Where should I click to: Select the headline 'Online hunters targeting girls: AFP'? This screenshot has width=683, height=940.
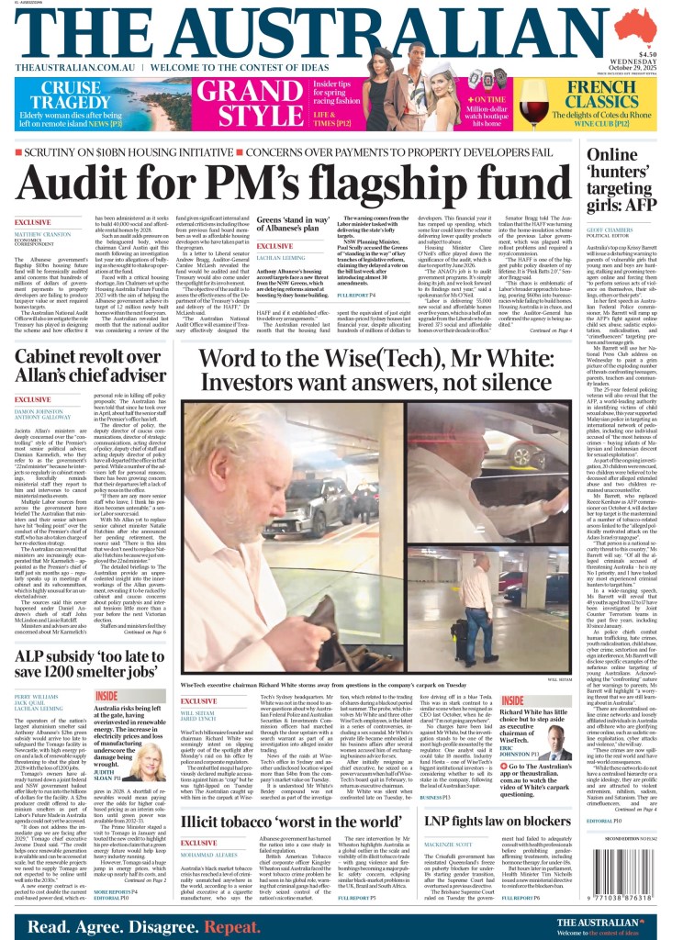[x=624, y=184]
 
